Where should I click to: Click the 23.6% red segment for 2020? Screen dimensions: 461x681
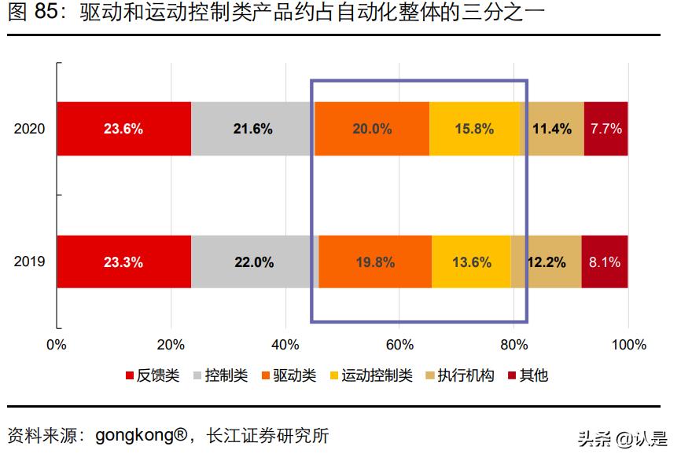(123, 129)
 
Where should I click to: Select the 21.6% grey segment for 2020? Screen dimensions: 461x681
(252, 129)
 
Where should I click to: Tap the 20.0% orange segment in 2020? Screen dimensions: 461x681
(372, 129)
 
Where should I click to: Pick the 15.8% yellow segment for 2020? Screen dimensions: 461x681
(474, 129)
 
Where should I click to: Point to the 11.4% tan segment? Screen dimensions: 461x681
(552, 129)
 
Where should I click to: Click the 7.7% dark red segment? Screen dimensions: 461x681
(606, 129)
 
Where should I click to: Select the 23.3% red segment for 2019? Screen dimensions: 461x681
(123, 262)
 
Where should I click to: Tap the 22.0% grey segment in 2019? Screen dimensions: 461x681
(254, 262)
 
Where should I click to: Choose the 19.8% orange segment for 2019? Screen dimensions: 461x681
(375, 262)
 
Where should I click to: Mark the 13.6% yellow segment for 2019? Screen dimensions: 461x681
(472, 262)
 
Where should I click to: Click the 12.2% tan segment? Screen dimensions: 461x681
(547, 262)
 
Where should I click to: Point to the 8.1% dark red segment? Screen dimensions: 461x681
(605, 262)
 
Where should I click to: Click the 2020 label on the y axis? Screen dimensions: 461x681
(30, 129)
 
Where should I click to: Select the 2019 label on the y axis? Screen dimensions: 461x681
(30, 262)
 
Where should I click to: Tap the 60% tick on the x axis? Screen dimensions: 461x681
(399, 345)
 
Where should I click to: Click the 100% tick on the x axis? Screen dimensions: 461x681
(629, 345)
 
